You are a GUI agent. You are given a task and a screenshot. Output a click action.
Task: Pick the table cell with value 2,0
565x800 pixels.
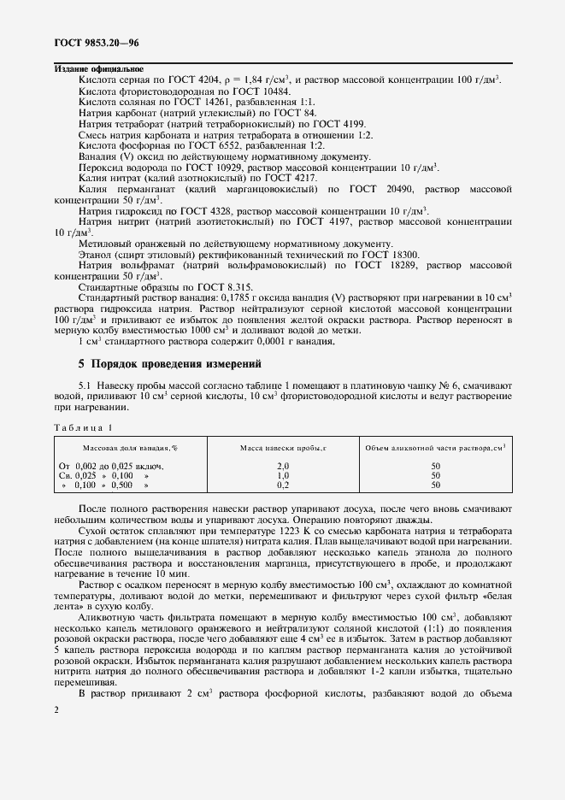(x=284, y=466)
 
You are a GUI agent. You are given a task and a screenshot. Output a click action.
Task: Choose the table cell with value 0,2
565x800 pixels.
(x=284, y=485)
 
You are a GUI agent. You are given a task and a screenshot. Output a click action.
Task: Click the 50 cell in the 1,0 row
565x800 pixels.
(x=435, y=475)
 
